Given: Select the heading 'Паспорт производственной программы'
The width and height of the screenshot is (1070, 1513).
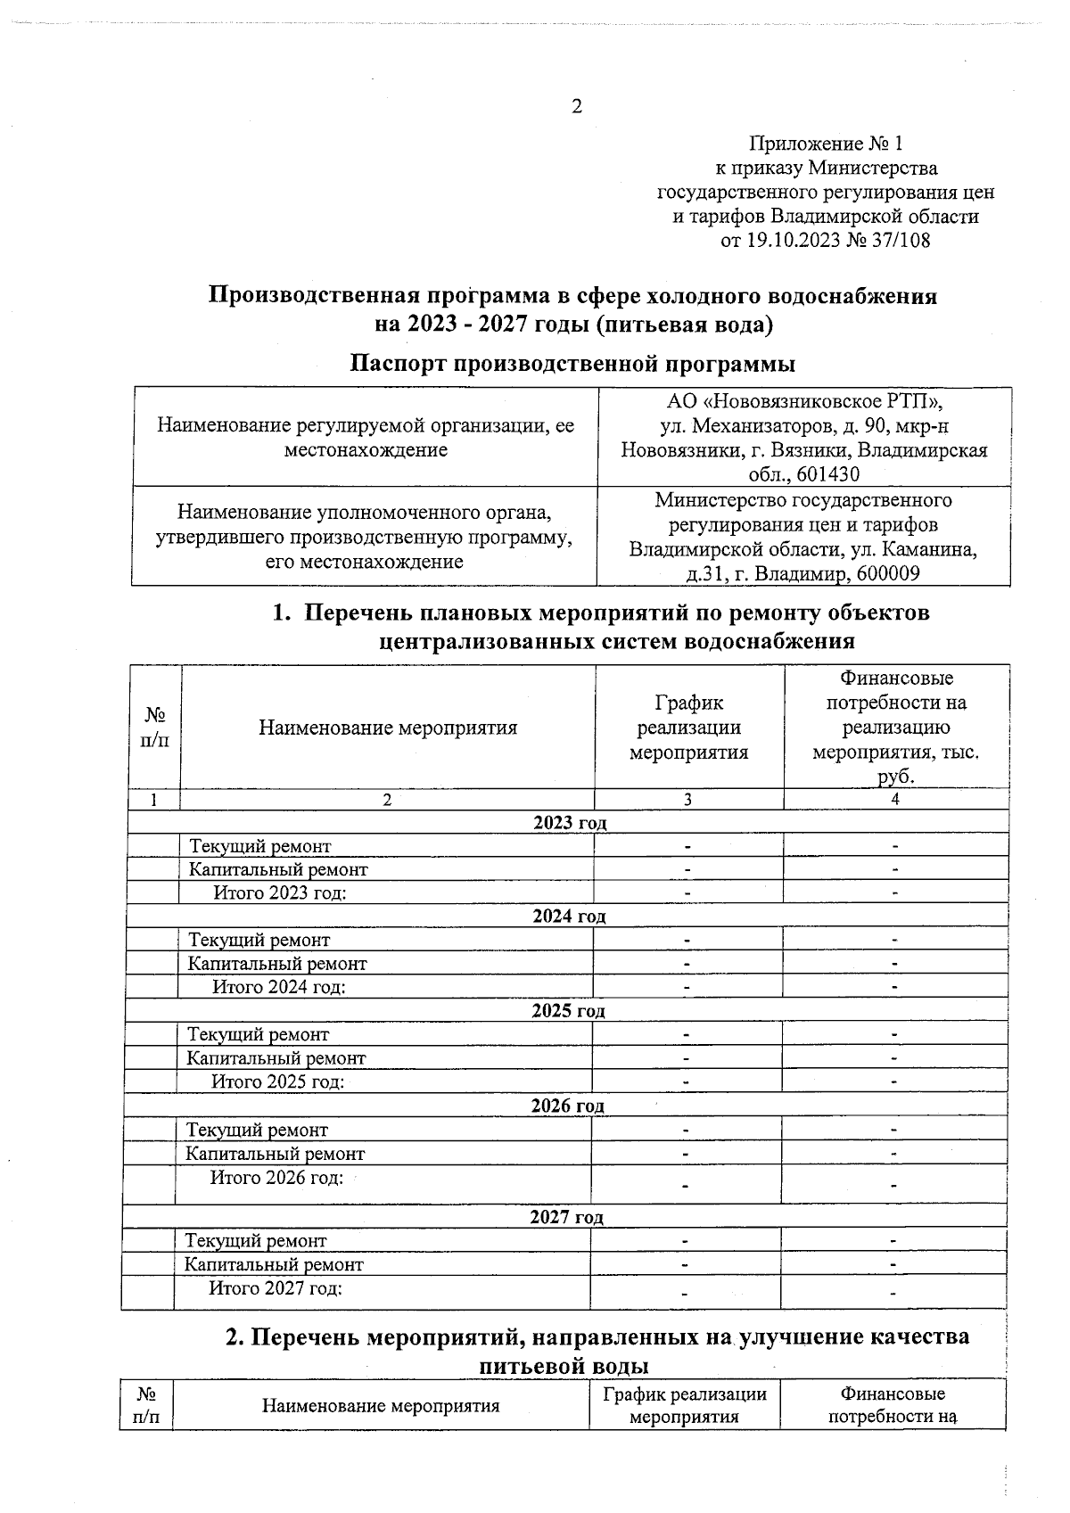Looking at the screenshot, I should click(572, 364).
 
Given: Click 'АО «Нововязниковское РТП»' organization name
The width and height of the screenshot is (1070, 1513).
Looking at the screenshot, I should click(804, 402).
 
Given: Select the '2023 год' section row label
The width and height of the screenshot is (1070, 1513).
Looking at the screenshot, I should click(570, 822).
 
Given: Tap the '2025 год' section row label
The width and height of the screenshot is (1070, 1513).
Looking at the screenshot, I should click(568, 1010).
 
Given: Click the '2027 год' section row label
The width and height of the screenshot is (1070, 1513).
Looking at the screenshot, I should click(566, 1217).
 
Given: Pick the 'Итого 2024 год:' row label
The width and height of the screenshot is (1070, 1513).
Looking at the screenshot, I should click(278, 987).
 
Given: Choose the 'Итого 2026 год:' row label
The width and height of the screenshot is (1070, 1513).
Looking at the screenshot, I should click(276, 1178).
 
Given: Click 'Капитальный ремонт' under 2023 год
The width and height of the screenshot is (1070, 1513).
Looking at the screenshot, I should click(278, 869).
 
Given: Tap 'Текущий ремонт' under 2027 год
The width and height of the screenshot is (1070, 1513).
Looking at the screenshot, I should click(256, 1241).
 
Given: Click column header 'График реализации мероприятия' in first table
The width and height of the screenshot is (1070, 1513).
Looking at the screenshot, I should click(688, 728).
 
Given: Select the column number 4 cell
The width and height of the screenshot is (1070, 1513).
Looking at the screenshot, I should click(895, 800).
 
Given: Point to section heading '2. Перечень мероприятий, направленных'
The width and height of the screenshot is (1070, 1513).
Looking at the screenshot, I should click(597, 1337).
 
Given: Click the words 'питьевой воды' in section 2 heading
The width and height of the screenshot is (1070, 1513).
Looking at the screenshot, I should click(564, 1366).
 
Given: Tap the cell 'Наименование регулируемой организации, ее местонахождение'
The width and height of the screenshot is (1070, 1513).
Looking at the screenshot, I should click(366, 438).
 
